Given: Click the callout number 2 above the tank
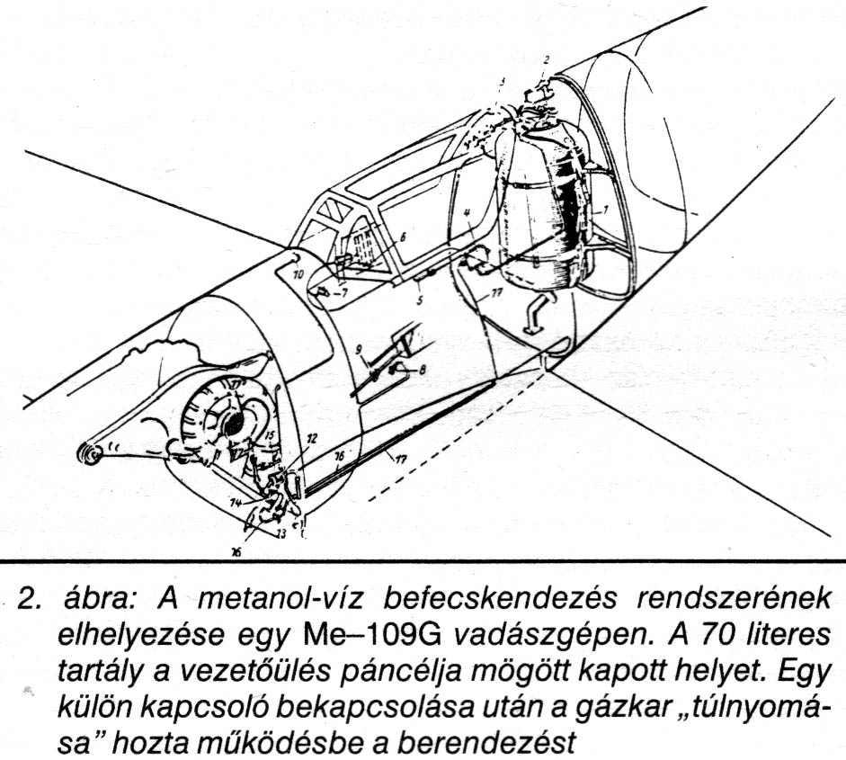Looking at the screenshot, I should [545, 59].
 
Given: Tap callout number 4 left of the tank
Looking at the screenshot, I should [468, 213].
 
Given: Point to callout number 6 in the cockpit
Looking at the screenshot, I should [402, 237].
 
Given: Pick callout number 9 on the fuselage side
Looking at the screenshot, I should [358, 349].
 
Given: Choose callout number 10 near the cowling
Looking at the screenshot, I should [298, 271].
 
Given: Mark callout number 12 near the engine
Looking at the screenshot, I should [311, 439].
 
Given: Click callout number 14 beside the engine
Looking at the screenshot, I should [236, 505].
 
